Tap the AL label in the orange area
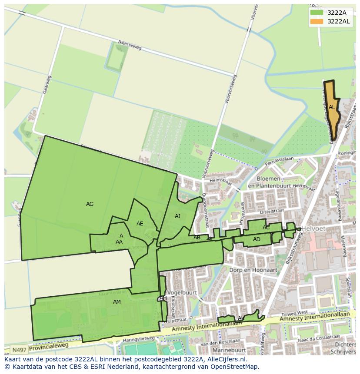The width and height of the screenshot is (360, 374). pos(332,107)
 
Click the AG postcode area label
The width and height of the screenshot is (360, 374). pos(90,204)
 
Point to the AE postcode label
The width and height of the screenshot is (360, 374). pos(140,224)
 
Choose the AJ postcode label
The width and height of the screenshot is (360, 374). pos(177,216)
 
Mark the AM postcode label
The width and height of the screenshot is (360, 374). pos(117,302)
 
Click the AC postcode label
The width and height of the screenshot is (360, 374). pos(266,228)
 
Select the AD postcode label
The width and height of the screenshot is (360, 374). pos(257,239)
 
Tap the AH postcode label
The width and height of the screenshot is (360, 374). pos(163,298)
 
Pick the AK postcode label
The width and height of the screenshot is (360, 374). pos(241,318)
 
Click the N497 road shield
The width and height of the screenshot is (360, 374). pos(18,350)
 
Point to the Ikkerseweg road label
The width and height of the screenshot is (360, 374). pos(130,46)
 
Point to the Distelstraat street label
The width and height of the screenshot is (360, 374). pos(272,212)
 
